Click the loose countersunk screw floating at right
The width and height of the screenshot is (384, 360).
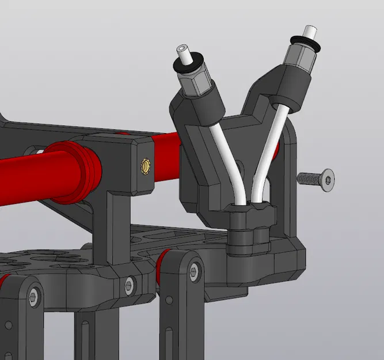316,179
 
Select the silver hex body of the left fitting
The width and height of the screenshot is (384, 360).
193,83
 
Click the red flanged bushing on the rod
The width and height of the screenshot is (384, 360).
72,171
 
